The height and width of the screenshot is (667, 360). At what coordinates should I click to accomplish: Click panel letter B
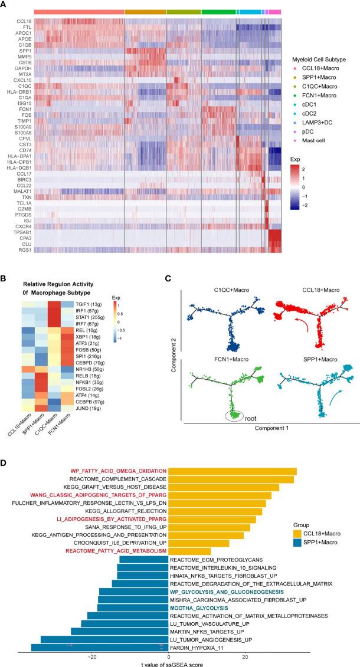[6, 278]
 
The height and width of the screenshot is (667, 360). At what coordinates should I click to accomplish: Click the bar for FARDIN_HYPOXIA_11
[94, 647]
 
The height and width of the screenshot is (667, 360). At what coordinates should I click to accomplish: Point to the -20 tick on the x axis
[91, 656]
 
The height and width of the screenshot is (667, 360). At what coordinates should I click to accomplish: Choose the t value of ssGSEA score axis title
[169, 663]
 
